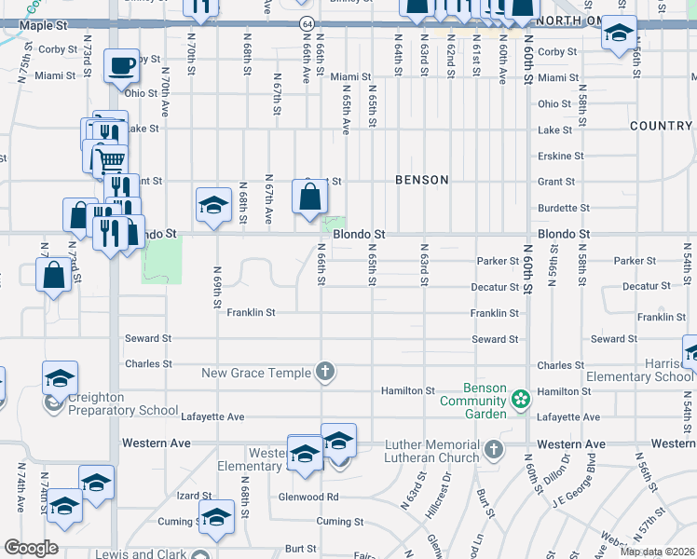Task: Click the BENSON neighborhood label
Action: coord(421,180)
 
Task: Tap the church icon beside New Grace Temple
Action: coord(325,373)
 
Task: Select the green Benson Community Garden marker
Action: coord(521,400)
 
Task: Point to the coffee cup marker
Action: coord(120,67)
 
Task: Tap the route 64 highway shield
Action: coord(307,21)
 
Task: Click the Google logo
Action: coord(31,548)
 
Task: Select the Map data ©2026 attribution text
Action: coord(657,552)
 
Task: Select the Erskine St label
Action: coord(561,156)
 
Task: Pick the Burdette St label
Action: coord(565,208)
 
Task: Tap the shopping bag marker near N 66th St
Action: coord(309,198)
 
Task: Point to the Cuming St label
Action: coord(337,522)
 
